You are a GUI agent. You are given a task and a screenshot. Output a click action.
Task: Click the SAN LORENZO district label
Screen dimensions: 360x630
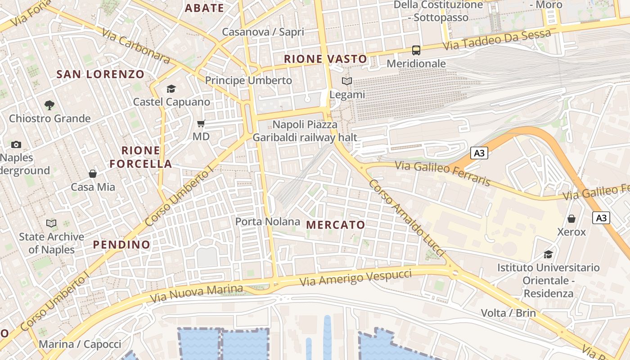[100, 74]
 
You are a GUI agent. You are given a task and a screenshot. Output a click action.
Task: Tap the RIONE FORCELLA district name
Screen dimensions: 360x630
[141, 157]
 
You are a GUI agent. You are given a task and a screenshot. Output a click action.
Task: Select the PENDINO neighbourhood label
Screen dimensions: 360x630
[121, 244]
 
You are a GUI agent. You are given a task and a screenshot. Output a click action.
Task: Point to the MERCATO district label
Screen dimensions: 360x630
[336, 225]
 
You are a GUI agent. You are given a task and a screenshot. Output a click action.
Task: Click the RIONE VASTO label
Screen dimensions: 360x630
[325, 59]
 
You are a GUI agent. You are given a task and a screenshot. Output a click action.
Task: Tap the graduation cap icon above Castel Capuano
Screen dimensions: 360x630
[171, 89]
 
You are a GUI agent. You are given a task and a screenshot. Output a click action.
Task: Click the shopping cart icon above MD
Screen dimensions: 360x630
[201, 123]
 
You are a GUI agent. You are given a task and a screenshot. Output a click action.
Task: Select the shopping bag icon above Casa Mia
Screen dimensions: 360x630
[93, 174]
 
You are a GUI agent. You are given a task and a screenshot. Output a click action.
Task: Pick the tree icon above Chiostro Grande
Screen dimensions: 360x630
[49, 105]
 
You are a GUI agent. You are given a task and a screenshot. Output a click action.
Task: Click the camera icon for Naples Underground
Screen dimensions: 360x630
[16, 144]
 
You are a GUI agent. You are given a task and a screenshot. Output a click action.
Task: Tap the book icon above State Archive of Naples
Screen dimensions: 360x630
[51, 223]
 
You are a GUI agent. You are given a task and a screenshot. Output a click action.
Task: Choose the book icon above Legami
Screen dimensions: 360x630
[347, 81]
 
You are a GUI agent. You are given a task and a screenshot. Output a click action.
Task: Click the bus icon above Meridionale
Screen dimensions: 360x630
[416, 50]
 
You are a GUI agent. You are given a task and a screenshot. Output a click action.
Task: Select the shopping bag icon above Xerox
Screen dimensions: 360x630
[571, 219]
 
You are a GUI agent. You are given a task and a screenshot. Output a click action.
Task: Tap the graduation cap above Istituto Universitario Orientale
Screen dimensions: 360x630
[548, 255]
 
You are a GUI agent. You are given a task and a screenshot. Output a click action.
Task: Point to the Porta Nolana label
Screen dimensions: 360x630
[268, 221]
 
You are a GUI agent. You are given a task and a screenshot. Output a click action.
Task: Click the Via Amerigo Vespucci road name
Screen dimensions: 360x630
[355, 278]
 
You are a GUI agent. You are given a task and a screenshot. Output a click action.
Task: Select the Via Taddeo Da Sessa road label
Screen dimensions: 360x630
[497, 40]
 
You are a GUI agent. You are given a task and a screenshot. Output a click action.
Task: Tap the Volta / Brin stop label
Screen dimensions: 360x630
[508, 313]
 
